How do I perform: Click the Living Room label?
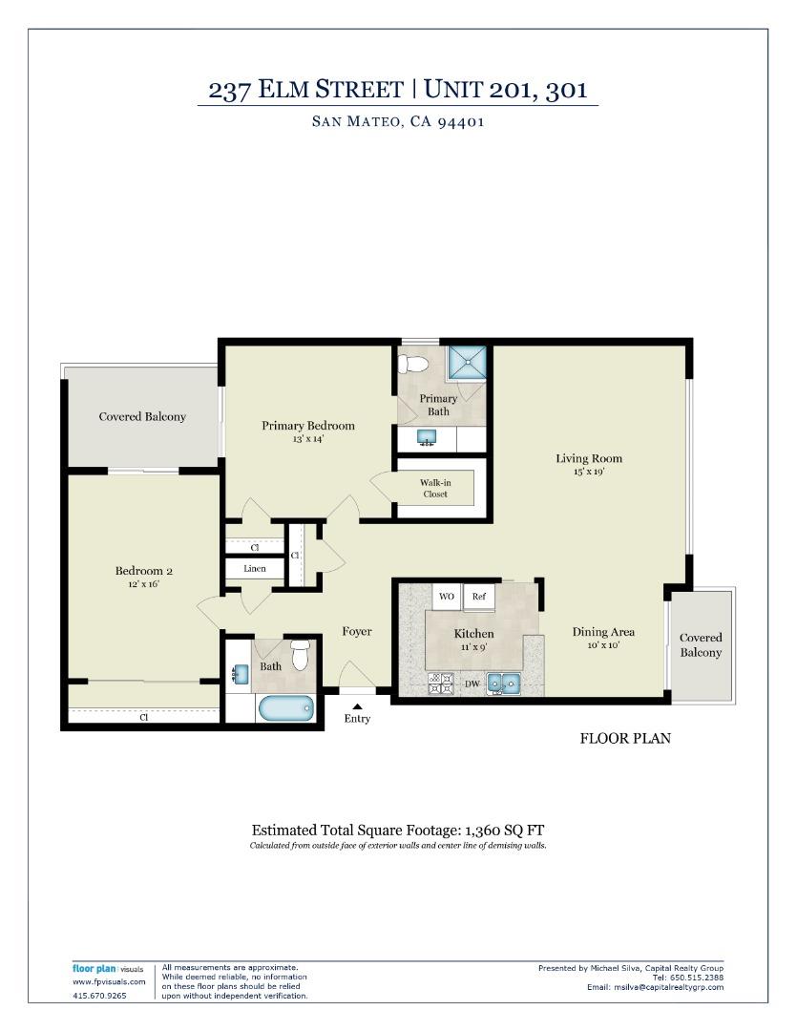pyautogui.click(x=589, y=459)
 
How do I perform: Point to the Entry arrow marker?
pyautogui.click(x=357, y=706)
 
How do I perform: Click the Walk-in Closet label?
pyautogui.click(x=435, y=488)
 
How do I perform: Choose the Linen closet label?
pyautogui.click(x=255, y=569)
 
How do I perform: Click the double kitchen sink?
pyautogui.click(x=502, y=683)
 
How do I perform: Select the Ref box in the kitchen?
pyautogui.click(x=478, y=597)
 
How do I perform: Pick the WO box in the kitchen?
pyautogui.click(x=446, y=597)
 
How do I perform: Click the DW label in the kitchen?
pyautogui.click(x=472, y=684)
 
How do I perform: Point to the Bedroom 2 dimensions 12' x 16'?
pyautogui.click(x=144, y=584)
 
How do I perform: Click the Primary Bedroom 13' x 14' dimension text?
pyautogui.click(x=308, y=439)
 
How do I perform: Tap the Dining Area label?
pyautogui.click(x=603, y=632)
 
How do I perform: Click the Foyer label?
pyautogui.click(x=357, y=632)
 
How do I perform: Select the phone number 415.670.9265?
pyautogui.click(x=99, y=995)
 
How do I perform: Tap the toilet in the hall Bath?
pyautogui.click(x=301, y=655)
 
